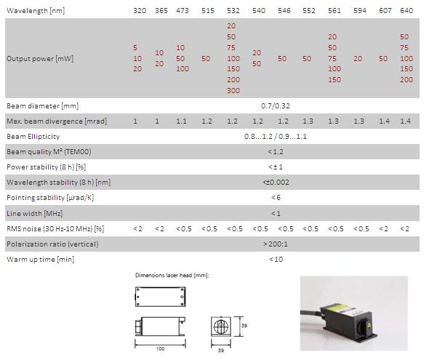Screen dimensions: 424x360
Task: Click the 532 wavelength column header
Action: [233, 11]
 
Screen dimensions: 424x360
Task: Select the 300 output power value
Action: [233, 90]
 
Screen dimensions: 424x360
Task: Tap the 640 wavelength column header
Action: [407, 11]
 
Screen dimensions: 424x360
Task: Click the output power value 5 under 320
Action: [135, 47]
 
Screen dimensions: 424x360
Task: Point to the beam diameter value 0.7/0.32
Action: [276, 105]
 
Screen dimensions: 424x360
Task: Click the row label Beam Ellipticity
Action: [33, 136]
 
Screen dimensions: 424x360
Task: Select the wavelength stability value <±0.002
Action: [276, 182]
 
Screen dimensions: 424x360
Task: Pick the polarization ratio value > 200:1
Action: [276, 244]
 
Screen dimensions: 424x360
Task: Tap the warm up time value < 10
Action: [276, 259]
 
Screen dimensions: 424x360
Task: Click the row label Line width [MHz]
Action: [35, 213]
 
